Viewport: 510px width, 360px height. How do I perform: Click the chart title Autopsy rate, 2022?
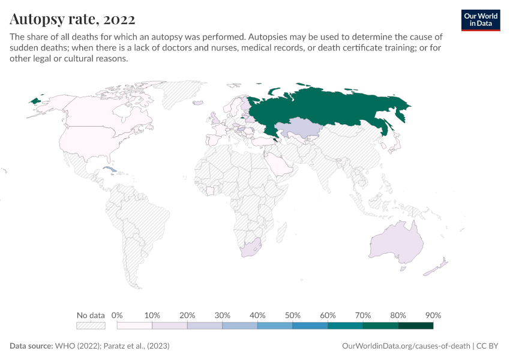pyautogui.click(x=72, y=19)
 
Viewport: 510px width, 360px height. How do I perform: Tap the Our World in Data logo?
pyautogui.click(x=481, y=20)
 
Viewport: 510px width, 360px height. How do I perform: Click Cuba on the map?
pyautogui.click(x=109, y=170)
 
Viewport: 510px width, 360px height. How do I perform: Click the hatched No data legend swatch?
pyautogui.click(x=91, y=326)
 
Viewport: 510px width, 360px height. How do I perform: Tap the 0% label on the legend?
pyautogui.click(x=118, y=315)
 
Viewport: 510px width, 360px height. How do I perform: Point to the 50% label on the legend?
pyautogui.click(x=293, y=315)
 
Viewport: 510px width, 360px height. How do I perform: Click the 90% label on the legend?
pyautogui.click(x=433, y=315)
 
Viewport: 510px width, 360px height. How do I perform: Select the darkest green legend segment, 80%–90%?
pyautogui.click(x=416, y=326)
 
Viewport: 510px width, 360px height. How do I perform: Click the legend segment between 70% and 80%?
pyautogui.click(x=380, y=326)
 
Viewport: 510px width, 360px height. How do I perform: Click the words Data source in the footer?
pyautogui.click(x=31, y=346)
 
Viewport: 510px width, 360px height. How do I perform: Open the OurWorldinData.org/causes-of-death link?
pyautogui.click(x=406, y=346)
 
